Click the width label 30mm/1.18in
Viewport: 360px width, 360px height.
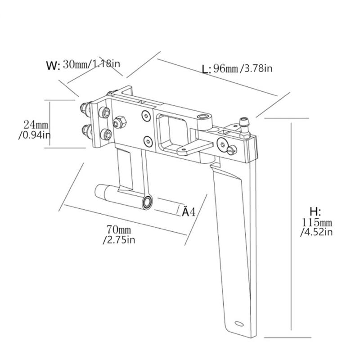click(x=91, y=64)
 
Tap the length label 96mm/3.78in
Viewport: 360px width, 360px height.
click(x=243, y=68)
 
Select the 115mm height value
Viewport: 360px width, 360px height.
click(x=317, y=222)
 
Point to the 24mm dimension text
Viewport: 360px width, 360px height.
click(x=36, y=125)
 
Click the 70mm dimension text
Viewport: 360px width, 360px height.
click(x=119, y=229)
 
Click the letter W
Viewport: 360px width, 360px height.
click(x=53, y=66)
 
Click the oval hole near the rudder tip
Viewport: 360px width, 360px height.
click(x=239, y=324)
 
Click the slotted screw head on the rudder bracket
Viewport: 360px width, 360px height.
click(x=232, y=150)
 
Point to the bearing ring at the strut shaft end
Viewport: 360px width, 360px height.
click(x=147, y=202)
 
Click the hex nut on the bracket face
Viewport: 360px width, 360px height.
click(x=119, y=122)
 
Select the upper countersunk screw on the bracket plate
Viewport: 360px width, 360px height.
click(x=146, y=116)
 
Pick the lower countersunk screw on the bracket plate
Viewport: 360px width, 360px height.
click(x=148, y=141)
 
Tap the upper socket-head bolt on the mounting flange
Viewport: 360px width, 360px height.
click(x=104, y=112)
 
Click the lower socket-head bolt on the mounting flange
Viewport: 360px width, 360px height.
click(x=106, y=134)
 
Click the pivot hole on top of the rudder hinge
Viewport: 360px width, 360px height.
click(x=202, y=117)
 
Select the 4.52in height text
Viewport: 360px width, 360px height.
click(x=317, y=232)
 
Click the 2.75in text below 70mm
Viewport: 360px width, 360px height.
click(x=119, y=240)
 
